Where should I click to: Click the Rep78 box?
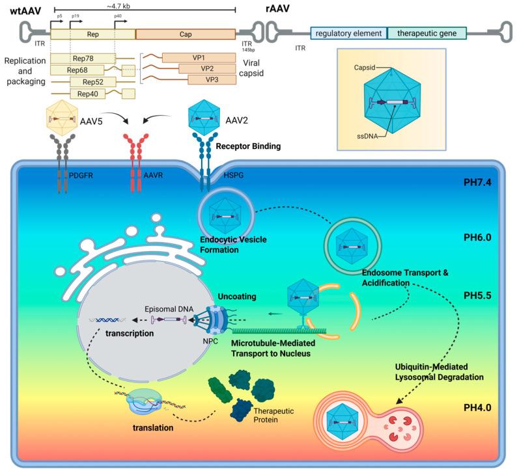83,58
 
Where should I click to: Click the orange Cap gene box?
186,34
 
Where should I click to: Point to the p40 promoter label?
117,14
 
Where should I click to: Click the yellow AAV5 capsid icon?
64,119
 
